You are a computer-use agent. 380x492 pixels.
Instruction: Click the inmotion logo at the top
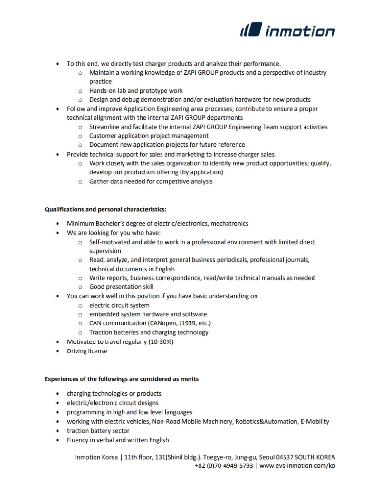(x=287, y=31)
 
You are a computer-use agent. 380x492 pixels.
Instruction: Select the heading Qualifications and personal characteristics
(x=105, y=209)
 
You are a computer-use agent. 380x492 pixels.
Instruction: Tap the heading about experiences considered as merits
(x=122, y=379)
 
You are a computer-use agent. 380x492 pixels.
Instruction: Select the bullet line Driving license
(x=87, y=351)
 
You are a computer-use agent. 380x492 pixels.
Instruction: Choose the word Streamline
(x=105, y=127)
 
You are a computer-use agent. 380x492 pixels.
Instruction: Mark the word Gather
(x=99, y=181)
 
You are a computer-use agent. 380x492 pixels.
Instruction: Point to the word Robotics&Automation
(x=266, y=421)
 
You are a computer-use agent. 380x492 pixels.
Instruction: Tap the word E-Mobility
(x=313, y=421)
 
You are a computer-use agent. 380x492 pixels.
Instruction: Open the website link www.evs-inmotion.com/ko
(x=297, y=466)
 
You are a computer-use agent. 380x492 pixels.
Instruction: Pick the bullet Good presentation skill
(x=121, y=287)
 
